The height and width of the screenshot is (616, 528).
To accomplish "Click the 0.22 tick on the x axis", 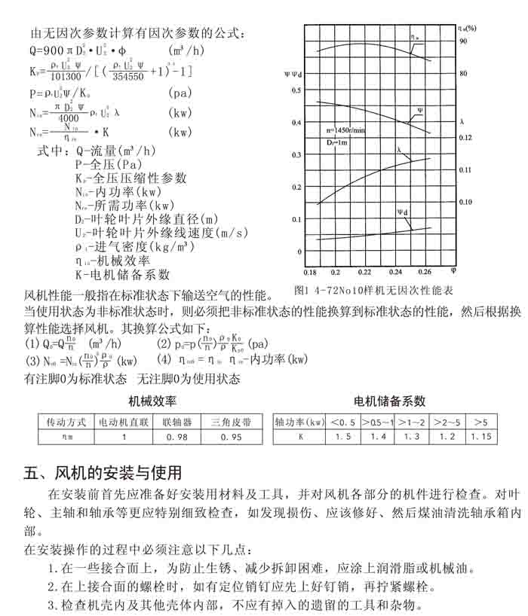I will (365, 271).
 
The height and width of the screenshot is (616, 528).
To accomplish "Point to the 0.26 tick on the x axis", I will (425, 271).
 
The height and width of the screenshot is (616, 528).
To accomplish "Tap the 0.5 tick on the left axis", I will (297, 90).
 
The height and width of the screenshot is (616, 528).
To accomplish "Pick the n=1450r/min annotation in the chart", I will (346, 130).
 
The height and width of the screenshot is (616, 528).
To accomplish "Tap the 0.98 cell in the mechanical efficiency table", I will (176, 437).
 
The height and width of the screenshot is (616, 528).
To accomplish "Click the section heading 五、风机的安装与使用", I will (103, 474).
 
